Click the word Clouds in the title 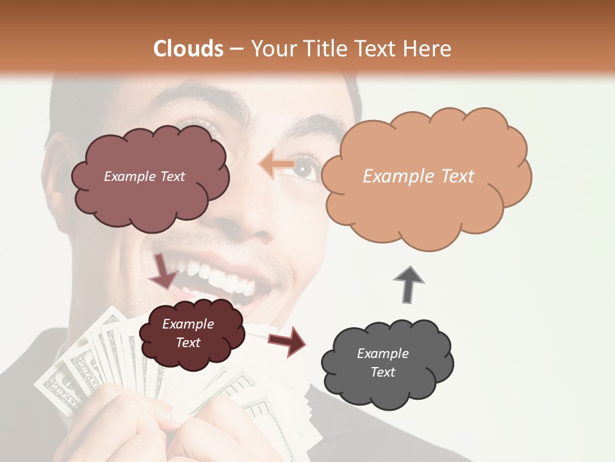pos(188,49)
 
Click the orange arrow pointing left pos(276,165)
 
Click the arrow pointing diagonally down pos(163,271)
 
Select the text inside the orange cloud pos(418,176)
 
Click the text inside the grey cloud pos(382,363)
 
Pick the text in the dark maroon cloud pos(188,333)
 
